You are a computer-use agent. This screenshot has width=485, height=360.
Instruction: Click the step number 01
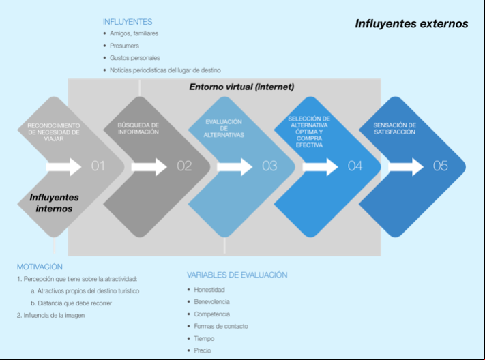(98, 166)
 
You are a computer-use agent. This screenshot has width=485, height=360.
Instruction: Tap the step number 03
(269, 166)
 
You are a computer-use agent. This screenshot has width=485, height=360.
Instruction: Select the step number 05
(440, 166)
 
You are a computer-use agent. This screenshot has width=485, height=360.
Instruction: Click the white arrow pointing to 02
(149, 167)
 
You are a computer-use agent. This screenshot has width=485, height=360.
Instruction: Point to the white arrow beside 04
(320, 167)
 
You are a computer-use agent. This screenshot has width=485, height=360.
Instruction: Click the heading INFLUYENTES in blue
(128, 22)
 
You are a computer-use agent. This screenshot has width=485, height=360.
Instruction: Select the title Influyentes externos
(411, 23)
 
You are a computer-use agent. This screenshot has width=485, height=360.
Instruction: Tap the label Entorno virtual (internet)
(241, 87)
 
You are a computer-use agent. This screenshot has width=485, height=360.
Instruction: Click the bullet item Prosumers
(124, 46)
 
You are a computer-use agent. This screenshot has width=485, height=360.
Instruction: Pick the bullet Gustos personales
(135, 58)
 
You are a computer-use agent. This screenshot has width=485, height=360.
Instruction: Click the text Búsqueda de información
(138, 129)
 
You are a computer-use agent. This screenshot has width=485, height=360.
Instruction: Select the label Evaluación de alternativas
(224, 128)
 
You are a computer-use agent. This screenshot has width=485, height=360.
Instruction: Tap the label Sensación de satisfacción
(394, 129)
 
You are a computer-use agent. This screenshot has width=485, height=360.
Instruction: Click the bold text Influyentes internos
(54, 203)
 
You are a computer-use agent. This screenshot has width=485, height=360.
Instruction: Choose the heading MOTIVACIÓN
(40, 267)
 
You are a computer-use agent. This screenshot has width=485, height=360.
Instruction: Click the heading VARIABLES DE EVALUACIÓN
(237, 275)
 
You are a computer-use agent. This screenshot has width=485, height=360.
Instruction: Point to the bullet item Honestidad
(209, 290)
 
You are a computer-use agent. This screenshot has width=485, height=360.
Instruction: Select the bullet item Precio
(203, 350)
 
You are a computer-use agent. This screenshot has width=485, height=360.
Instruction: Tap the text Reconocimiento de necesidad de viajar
(54, 132)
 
